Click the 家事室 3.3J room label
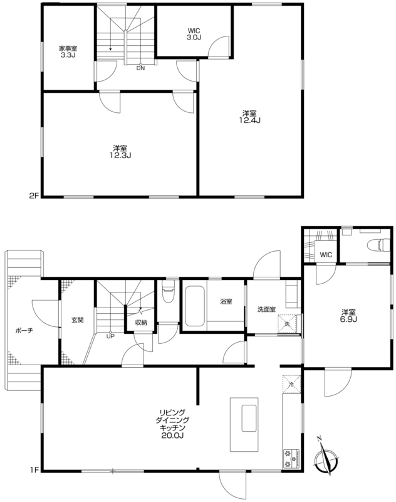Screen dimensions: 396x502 coord(68,51)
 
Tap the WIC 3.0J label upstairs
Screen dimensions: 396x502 coord(194,34)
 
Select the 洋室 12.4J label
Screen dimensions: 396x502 coord(249,117)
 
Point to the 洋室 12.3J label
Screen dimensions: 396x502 coord(120,152)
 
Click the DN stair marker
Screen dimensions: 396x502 coord(140,68)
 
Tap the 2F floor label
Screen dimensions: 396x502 coord(34,196)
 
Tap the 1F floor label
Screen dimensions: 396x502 coord(34,470)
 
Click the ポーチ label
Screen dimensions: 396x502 coord(24,331)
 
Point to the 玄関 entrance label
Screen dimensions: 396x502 coord(77,319)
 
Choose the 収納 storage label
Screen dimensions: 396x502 coord(141,323)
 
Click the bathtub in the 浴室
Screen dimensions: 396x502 coord(195,306)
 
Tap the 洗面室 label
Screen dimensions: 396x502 coord(266,309)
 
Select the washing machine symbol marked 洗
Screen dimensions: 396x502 coord(288,324)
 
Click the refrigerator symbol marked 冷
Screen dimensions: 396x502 coord(291,384)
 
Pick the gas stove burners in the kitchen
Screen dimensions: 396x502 coord(291,459)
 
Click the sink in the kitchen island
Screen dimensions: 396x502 coord(249,418)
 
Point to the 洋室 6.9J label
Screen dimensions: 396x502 coord(348,316)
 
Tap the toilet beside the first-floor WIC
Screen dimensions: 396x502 coord(378,245)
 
